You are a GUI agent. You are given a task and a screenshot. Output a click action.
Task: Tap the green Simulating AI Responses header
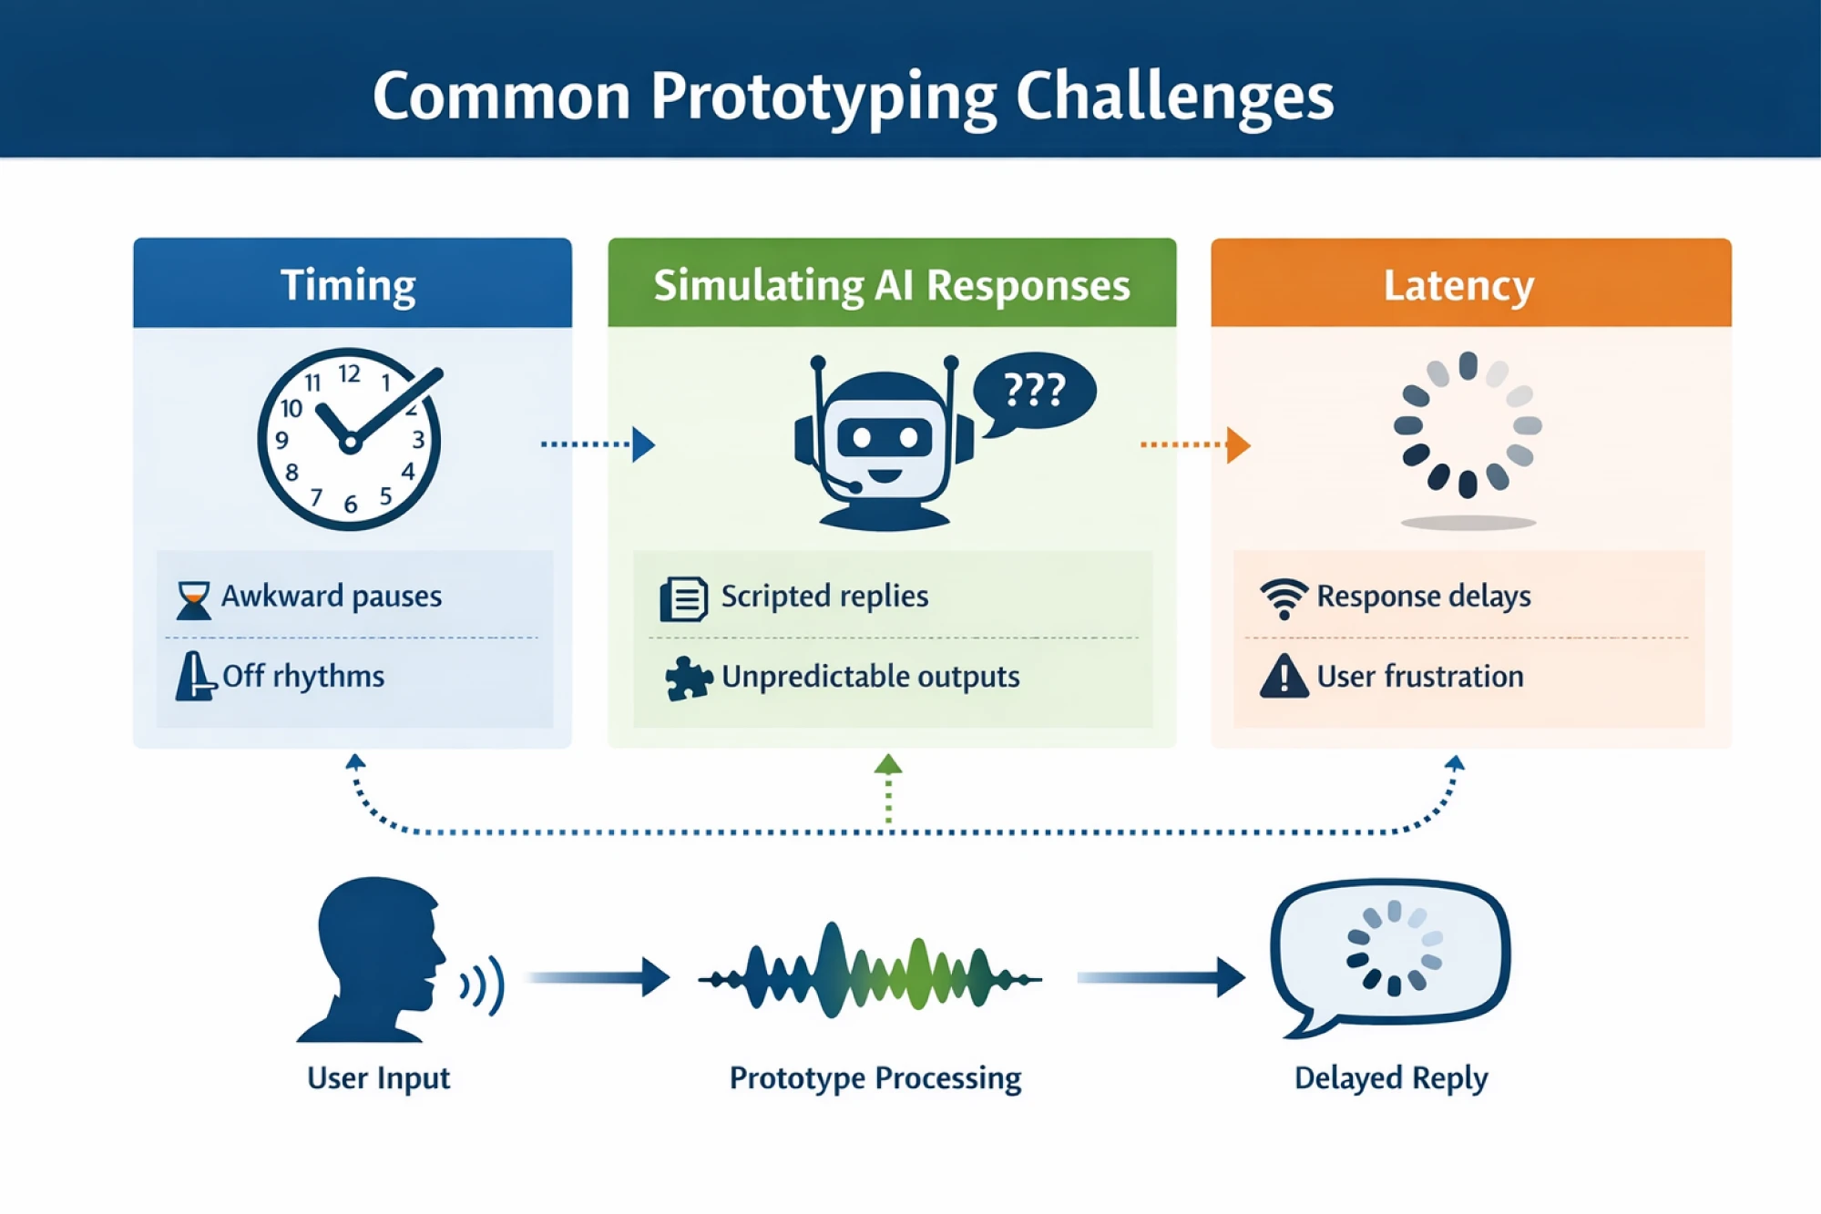(891, 283)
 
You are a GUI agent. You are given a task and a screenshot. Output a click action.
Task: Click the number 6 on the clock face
(351, 505)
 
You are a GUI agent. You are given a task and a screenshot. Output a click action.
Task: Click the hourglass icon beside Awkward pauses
(193, 600)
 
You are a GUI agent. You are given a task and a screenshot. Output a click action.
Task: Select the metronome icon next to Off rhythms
(194, 677)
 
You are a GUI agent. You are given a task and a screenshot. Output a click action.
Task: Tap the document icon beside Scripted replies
(683, 599)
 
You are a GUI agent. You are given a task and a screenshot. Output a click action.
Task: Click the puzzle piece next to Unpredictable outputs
(688, 678)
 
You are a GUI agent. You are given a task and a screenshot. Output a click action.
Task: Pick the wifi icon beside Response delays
(1284, 598)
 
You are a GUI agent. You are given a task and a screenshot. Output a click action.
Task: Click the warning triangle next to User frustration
(1284, 677)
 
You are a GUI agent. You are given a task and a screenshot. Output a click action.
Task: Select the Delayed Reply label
(1390, 1078)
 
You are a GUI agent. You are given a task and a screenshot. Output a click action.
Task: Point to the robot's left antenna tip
(818, 362)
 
